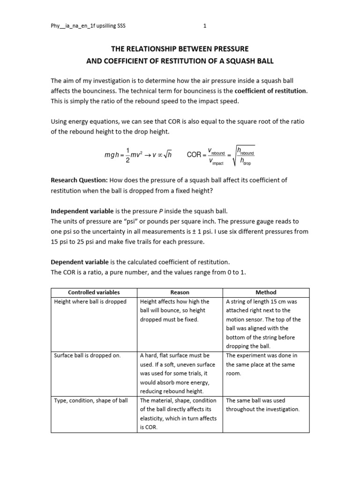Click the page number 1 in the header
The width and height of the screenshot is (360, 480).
205,26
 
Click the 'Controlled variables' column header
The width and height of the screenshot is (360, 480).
94,292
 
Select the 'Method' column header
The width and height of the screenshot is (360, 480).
266,292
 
